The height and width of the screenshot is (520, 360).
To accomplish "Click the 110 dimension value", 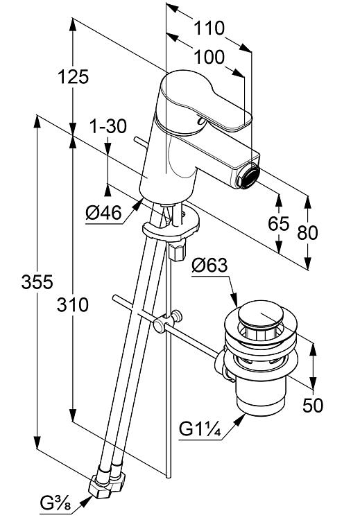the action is point(209,28).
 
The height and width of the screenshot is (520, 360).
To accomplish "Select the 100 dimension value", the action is point(209,57).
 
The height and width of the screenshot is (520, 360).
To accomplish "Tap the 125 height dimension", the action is point(74,77).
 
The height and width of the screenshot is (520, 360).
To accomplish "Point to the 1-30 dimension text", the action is point(108,126).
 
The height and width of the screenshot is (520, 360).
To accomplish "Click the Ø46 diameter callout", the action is point(103,212).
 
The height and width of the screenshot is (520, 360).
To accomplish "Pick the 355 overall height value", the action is point(37,282).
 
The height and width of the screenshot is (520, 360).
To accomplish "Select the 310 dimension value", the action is point(73,305).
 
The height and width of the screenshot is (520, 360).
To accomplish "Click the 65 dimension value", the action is point(278,223).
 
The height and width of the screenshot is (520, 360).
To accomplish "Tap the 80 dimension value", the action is point(307,232).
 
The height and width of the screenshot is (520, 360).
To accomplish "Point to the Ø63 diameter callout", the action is point(209,266).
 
